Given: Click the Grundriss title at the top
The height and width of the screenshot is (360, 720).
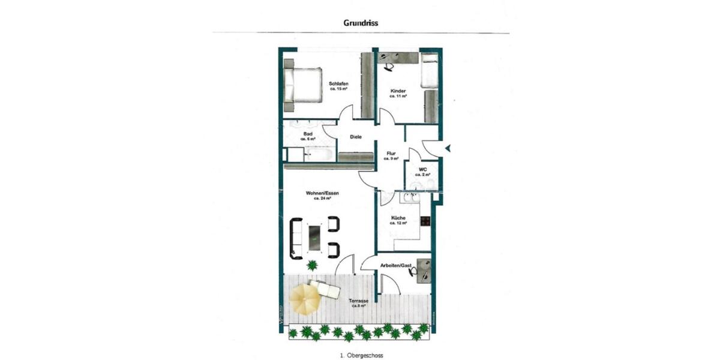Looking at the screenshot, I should (x=361, y=23).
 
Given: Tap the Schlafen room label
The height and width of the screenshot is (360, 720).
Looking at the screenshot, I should (x=339, y=85).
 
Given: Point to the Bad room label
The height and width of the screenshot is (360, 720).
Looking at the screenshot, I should (x=308, y=135).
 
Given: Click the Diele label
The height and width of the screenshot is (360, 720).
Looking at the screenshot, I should (x=356, y=137).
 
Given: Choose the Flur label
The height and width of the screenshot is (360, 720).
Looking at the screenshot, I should (x=391, y=155).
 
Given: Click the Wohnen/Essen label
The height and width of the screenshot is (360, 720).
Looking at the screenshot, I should (x=323, y=194).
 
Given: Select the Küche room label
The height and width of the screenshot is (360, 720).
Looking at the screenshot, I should (x=398, y=219).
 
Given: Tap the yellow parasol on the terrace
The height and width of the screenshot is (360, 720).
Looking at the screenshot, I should (x=304, y=298).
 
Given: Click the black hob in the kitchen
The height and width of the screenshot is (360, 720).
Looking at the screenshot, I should (x=425, y=221).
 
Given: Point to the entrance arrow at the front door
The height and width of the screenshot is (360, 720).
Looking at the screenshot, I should (x=446, y=148).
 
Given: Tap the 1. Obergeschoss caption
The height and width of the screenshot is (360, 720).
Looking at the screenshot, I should (x=359, y=355).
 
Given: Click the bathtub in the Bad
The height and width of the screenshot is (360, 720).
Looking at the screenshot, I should (x=318, y=155).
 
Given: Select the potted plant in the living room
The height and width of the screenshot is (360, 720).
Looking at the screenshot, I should (x=311, y=265).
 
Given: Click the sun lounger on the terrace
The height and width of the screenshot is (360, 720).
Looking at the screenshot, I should (x=325, y=290).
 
